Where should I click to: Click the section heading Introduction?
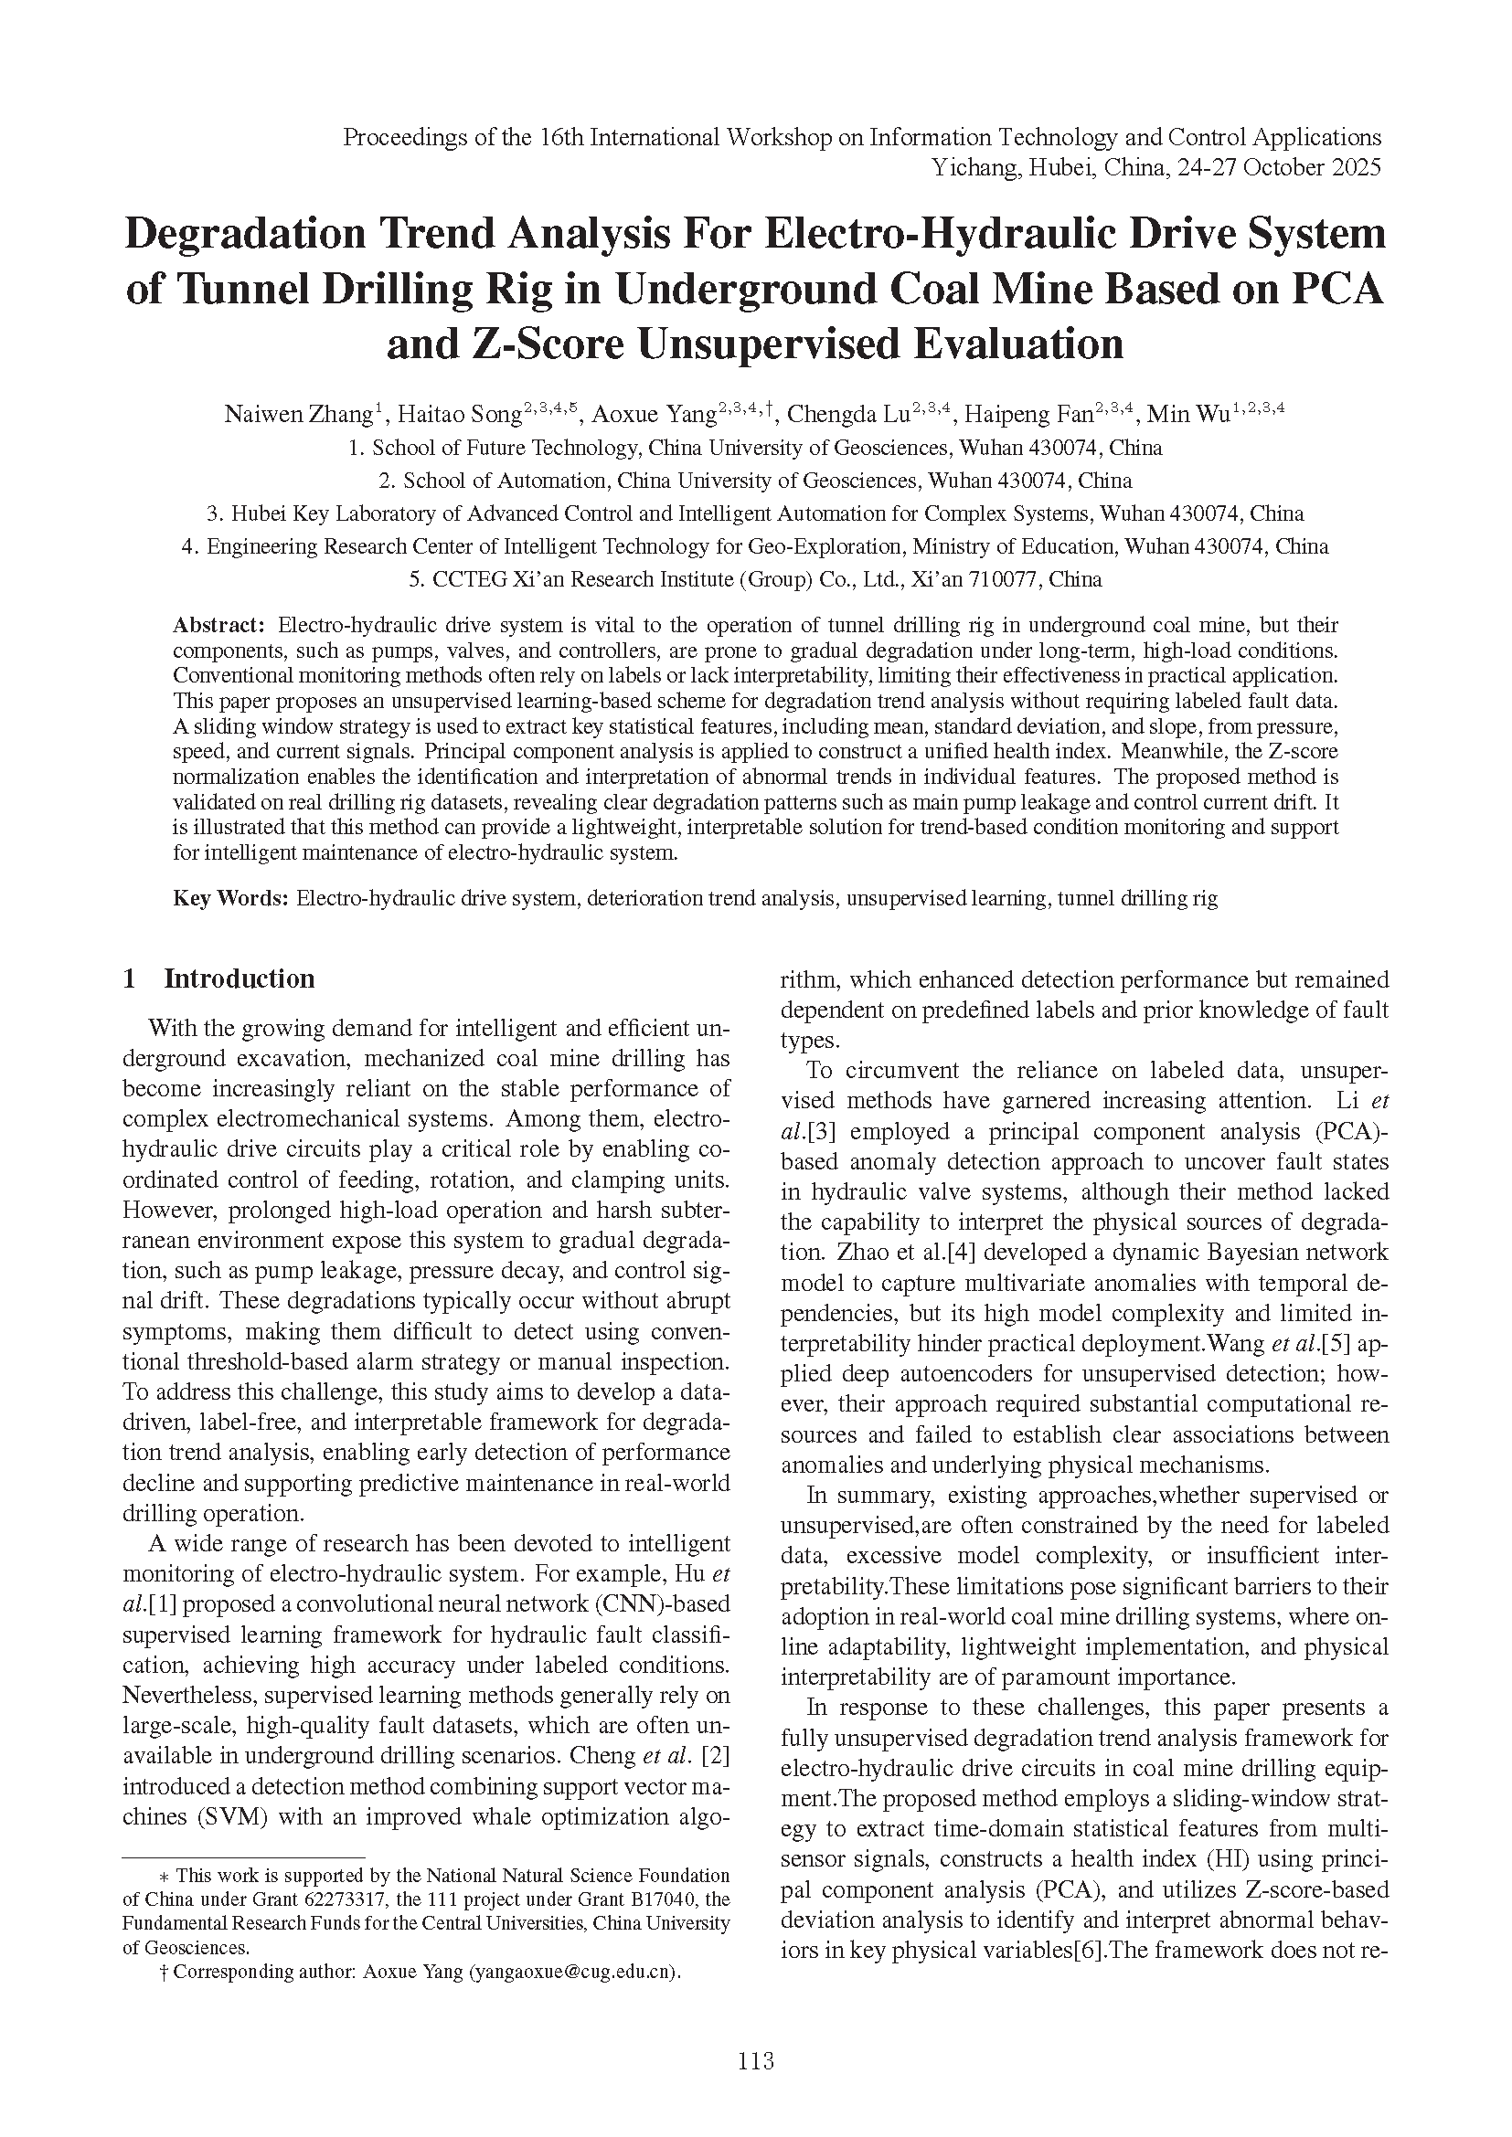click(240, 979)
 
